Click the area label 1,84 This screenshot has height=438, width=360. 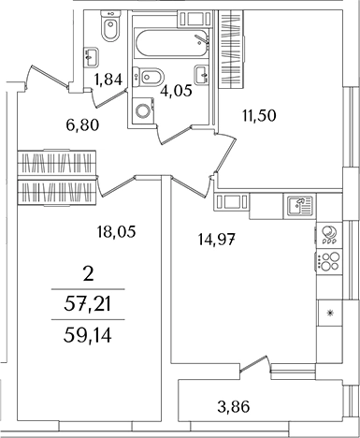pos(108,80)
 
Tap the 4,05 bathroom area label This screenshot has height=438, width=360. pos(176,91)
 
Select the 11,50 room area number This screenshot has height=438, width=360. pos(259,116)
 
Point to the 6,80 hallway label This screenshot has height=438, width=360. pos(82,125)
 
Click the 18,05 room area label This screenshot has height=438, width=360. pos(116,232)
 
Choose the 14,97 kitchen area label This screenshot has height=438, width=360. pos(216,240)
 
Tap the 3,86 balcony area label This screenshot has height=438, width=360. pos(234,407)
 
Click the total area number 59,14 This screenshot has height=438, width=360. pos(88,336)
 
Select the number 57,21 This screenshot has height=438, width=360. pos(88,305)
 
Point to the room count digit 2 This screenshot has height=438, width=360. pos(89,275)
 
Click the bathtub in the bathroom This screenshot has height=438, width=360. pos(171,43)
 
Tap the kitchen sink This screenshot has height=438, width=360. pos(299,207)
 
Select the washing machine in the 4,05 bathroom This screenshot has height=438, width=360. pos(144,110)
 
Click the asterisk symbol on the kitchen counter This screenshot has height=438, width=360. pos(329,313)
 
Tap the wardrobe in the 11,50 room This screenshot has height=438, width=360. pos(232,50)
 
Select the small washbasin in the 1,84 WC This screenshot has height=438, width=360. pos(91,57)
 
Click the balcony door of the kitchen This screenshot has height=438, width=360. pos(253,364)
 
